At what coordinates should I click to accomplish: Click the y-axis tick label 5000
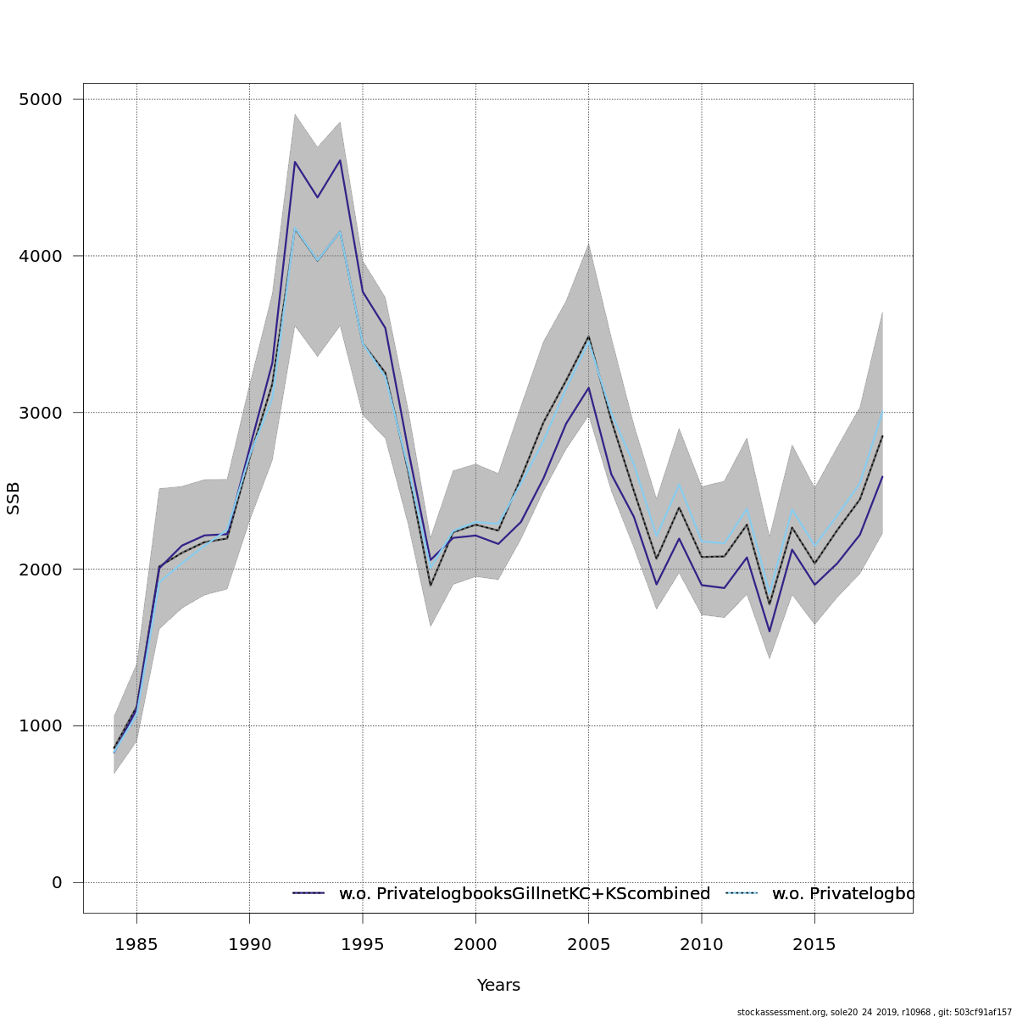pyautogui.click(x=40, y=99)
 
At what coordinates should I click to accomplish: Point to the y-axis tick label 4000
pyautogui.click(x=40, y=256)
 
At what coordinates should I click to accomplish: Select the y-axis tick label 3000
pyautogui.click(x=40, y=413)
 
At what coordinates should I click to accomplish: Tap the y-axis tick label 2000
pyautogui.click(x=40, y=570)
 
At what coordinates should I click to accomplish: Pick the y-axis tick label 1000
pyautogui.click(x=40, y=726)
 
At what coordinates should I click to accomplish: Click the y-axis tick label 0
pyautogui.click(x=57, y=883)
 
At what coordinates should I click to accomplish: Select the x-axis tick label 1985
pyautogui.click(x=136, y=943)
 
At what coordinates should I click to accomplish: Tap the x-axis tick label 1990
pyautogui.click(x=249, y=943)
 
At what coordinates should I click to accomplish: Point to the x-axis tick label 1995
pyautogui.click(x=363, y=943)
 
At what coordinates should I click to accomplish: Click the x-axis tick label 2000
pyautogui.click(x=475, y=943)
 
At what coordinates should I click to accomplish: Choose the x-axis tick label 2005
pyautogui.click(x=589, y=943)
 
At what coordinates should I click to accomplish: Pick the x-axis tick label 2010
pyautogui.click(x=702, y=943)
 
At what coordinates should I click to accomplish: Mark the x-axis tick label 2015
pyautogui.click(x=814, y=943)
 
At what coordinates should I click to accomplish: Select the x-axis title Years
pyautogui.click(x=498, y=986)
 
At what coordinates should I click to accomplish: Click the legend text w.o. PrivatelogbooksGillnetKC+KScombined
pyautogui.click(x=525, y=894)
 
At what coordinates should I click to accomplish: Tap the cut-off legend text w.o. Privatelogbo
pyautogui.click(x=842, y=894)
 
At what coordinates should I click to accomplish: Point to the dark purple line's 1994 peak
pyautogui.click(x=340, y=160)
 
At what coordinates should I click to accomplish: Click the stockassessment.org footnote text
pyautogui.click(x=874, y=1012)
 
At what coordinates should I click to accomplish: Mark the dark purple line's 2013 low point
pyautogui.click(x=770, y=631)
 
